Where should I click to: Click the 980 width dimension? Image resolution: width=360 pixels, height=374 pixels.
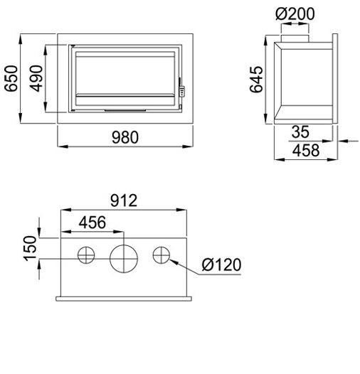[x=125, y=137]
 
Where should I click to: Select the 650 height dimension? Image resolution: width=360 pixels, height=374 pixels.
[x=11, y=78]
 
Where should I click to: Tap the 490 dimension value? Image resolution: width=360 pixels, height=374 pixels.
[x=36, y=78]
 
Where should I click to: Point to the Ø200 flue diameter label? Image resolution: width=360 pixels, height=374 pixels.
[x=295, y=14]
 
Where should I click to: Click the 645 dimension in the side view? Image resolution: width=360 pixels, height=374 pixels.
[x=256, y=80]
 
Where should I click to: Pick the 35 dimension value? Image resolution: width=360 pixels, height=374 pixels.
[x=300, y=132]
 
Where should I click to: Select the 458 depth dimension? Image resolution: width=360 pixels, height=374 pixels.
[x=306, y=150]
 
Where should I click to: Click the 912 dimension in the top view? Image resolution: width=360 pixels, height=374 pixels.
[x=124, y=201]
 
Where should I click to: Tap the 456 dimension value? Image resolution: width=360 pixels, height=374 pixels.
[x=92, y=223]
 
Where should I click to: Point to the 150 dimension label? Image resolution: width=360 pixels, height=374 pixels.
[x=30, y=248]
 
